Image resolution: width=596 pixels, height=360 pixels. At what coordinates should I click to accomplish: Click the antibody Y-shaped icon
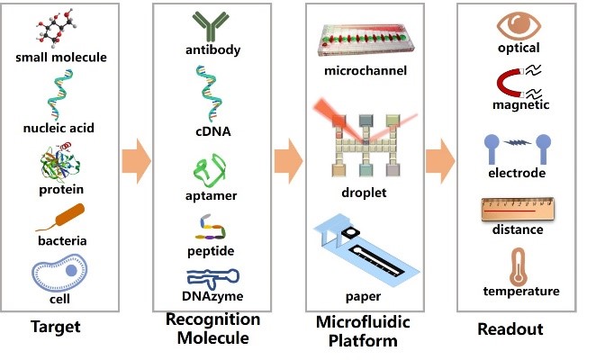(211, 26)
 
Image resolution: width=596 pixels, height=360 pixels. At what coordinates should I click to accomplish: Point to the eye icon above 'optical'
(518, 24)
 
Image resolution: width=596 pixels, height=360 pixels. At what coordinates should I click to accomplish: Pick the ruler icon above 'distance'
(518, 208)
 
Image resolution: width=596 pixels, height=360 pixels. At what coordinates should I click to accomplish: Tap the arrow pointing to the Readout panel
(439, 160)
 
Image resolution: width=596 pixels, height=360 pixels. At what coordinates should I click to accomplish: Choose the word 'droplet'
(365, 191)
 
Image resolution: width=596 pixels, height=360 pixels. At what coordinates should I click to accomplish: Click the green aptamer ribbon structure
(211, 167)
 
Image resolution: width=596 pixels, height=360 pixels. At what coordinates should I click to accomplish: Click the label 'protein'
(60, 189)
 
